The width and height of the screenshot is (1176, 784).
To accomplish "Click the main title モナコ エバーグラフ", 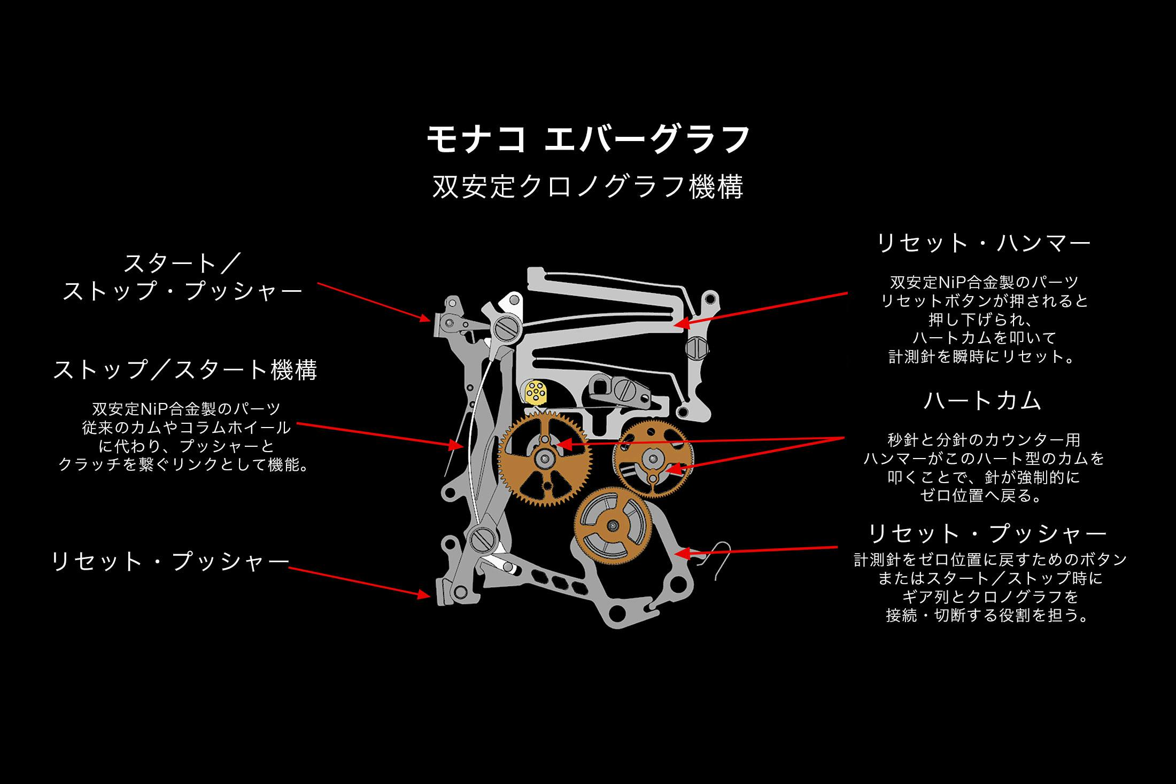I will click(588, 140).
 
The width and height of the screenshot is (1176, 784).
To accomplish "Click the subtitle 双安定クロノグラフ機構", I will click(588, 187).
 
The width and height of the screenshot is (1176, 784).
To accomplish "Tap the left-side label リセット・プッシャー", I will click(170, 562).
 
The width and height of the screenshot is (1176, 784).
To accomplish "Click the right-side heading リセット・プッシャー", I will click(987, 533).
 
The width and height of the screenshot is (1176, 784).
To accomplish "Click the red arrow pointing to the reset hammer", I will click(759, 308).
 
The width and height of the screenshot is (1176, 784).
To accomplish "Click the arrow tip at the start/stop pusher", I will click(428, 320).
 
